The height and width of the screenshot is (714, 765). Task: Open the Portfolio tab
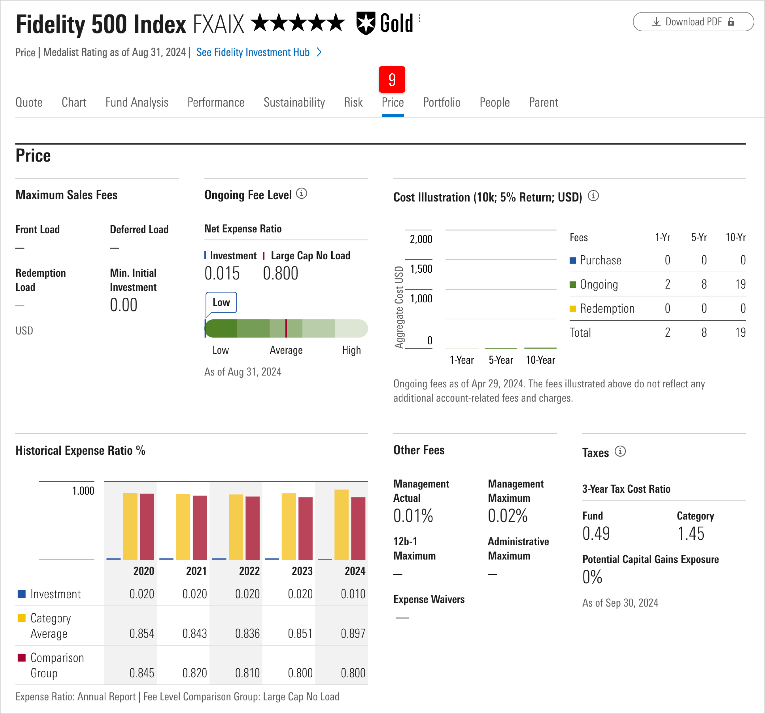441,102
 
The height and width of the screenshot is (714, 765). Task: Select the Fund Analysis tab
137,102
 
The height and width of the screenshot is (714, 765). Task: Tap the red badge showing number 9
392,79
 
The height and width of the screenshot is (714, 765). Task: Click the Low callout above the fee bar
221,303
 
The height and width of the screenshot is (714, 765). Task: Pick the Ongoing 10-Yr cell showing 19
740,284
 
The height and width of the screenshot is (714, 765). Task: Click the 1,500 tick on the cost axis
421,269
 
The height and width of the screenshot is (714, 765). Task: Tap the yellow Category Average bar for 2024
341,524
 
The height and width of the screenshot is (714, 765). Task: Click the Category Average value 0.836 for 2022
248,633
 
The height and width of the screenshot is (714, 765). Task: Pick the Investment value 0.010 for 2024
353,594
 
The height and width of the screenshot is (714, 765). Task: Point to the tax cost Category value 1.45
691,534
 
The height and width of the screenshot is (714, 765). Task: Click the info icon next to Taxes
620,451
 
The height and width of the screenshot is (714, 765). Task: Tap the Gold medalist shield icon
365,23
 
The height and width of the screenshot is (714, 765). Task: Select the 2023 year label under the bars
302,571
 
